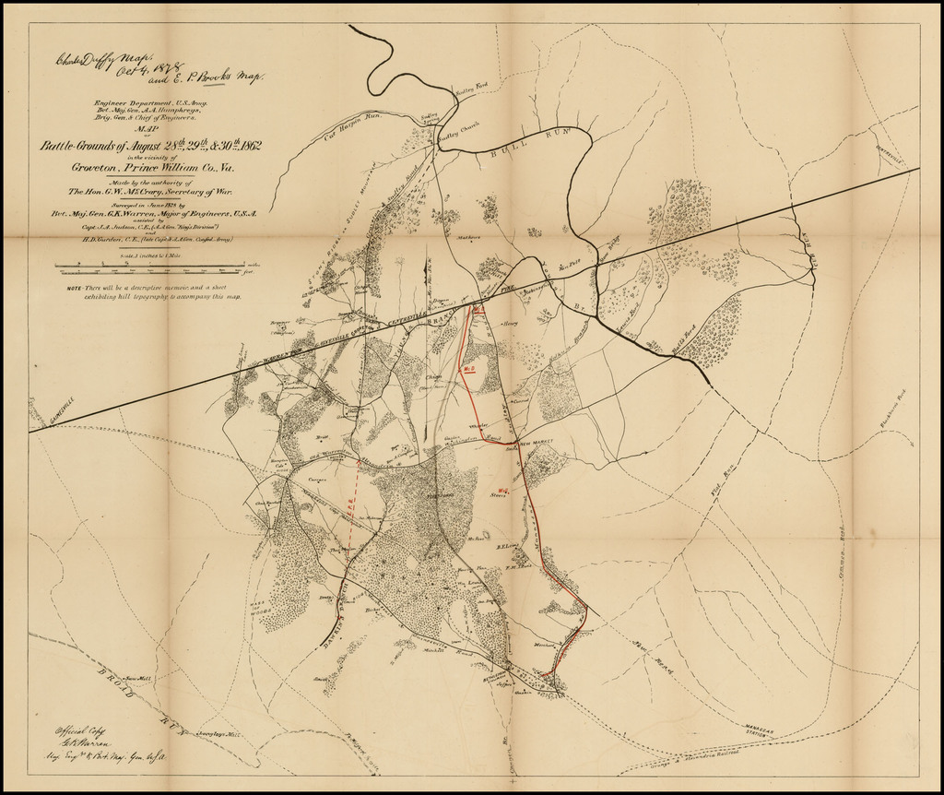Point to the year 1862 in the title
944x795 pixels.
coord(239,146)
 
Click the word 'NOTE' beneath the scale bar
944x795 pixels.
coord(75,288)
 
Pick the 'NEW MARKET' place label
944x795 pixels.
coord(540,445)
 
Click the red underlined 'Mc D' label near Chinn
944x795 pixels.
coord(468,369)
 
